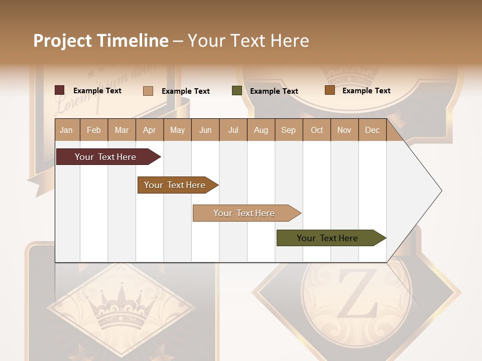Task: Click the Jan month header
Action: (67, 130)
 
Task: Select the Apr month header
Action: (150, 130)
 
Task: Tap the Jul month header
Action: (233, 130)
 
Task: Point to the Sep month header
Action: (289, 130)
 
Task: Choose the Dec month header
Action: (372, 130)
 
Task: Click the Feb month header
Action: (94, 130)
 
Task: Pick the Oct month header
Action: (317, 130)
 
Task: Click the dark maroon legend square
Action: (60, 90)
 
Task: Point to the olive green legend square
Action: (237, 91)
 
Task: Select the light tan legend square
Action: (148, 91)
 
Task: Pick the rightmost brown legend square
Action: (329, 90)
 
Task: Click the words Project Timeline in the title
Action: (101, 41)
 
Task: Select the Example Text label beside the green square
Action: (274, 91)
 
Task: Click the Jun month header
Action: (205, 130)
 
